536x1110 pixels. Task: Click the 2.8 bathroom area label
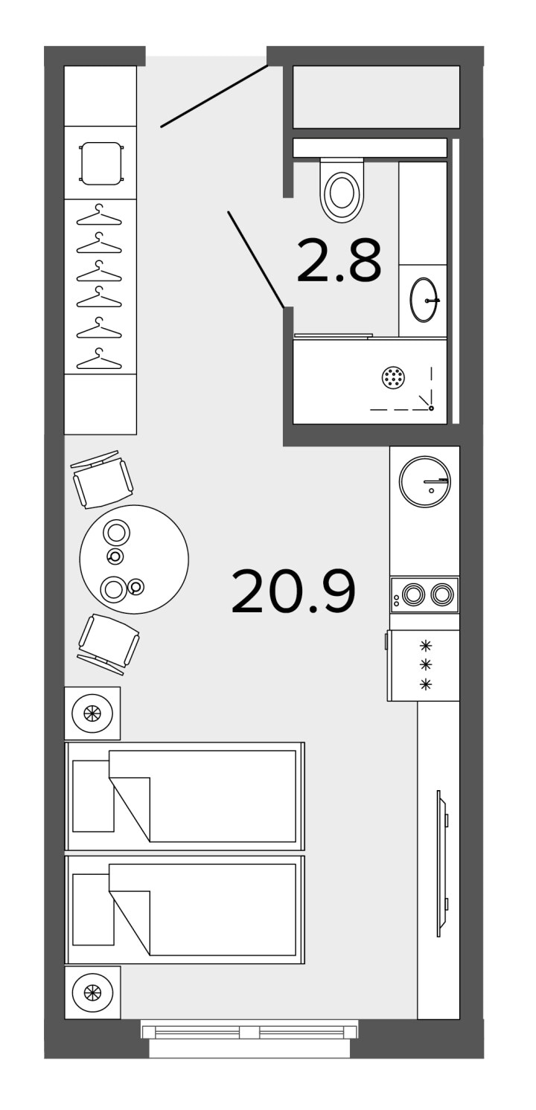[x=339, y=260]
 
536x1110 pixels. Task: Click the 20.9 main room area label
[x=293, y=591]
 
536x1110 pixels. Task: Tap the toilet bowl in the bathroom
[x=342, y=190]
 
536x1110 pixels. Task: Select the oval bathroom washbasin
[x=424, y=299]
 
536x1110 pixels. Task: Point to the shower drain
[x=393, y=378]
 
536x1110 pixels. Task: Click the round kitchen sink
[x=425, y=481]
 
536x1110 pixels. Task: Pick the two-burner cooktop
[x=424, y=594]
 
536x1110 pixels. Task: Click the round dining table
[x=134, y=559]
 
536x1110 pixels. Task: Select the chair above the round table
[x=103, y=479]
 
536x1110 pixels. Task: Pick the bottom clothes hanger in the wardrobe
[x=99, y=359]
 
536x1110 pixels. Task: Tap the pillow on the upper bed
[x=93, y=796]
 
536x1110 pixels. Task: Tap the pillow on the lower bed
[x=93, y=909]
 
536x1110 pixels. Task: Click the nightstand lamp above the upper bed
[x=92, y=713]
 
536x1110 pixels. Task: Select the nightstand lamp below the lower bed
[x=92, y=992]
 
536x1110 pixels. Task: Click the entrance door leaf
[x=214, y=96]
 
